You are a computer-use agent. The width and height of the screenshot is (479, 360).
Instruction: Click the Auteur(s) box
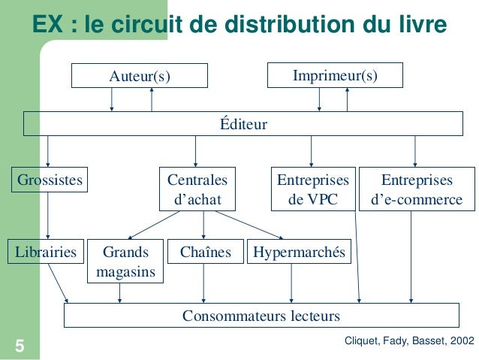tap(140, 76)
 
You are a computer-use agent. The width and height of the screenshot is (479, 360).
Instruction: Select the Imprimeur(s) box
tap(335, 76)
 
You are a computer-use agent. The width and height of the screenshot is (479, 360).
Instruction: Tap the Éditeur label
tap(243, 124)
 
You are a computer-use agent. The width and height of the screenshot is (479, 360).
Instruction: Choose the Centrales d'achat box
tap(196, 190)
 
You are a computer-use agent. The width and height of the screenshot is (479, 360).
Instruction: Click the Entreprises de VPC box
tap(313, 190)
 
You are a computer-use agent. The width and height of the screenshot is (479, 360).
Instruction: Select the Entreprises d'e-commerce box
tap(417, 190)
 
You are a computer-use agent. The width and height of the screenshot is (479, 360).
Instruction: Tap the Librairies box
tap(46, 252)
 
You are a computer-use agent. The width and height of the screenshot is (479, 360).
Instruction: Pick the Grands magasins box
tap(125, 261)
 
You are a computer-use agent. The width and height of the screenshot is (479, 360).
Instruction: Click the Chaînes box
tap(205, 252)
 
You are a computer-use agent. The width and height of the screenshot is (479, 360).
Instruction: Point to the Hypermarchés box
tap(298, 252)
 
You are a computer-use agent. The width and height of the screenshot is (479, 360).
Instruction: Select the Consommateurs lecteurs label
tap(261, 315)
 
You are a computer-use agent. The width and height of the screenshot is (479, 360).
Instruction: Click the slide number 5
tap(19, 346)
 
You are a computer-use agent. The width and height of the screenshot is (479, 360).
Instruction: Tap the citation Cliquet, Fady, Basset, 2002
tap(408, 340)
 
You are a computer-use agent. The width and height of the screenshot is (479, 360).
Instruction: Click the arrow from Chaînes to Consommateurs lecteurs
tap(204, 283)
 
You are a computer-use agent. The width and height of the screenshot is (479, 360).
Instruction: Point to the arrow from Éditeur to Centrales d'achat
tap(195, 152)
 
